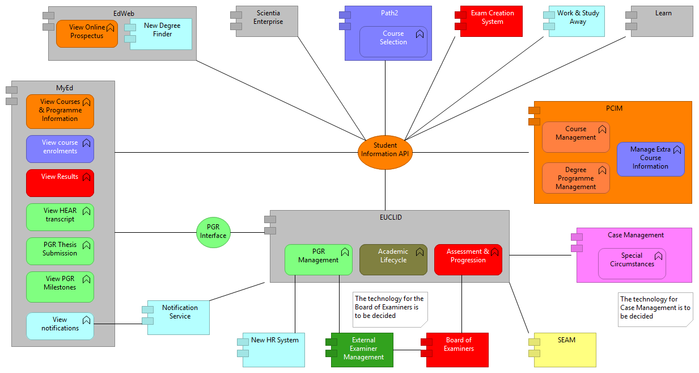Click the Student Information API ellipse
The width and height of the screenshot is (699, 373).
click(x=385, y=152)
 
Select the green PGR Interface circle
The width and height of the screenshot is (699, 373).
click(x=213, y=232)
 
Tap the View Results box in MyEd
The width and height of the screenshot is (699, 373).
click(x=60, y=183)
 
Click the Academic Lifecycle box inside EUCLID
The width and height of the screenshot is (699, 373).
click(x=393, y=259)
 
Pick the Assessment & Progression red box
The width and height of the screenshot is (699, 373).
click(x=468, y=259)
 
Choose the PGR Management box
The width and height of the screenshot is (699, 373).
click(x=318, y=259)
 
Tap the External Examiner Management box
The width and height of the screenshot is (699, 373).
click(x=363, y=349)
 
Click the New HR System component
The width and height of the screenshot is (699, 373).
click(x=274, y=349)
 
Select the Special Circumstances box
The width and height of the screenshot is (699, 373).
click(x=632, y=263)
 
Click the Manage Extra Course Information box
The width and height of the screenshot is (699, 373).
click(x=650, y=159)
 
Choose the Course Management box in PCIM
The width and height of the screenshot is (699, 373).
click(x=575, y=137)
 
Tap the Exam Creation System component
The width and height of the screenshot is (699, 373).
click(x=492, y=22)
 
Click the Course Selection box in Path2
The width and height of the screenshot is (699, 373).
click(x=393, y=41)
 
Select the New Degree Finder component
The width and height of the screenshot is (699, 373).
click(x=162, y=34)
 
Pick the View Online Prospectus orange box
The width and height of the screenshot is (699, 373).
click(x=87, y=33)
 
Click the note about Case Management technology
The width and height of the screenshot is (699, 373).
click(x=655, y=309)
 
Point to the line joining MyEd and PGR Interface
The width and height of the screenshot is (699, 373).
click(x=155, y=232)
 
